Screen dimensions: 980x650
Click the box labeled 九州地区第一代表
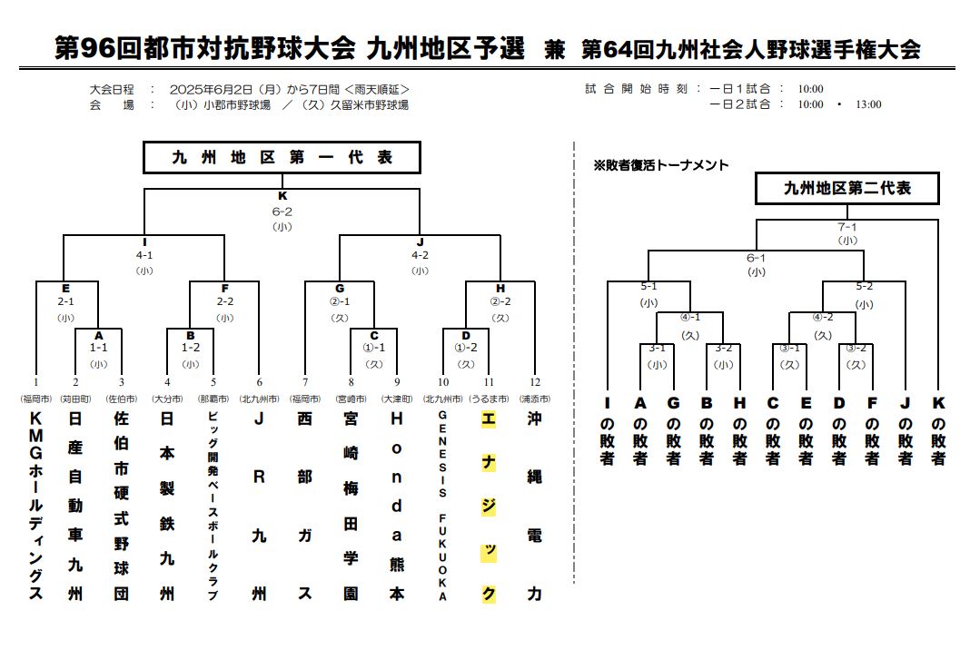pos(282,157)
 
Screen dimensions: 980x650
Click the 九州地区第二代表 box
pos(846,188)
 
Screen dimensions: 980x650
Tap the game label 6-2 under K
pos(282,212)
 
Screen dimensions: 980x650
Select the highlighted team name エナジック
pos(489,507)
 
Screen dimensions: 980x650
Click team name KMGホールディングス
pos(36,506)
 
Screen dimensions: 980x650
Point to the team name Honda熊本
pos(397,506)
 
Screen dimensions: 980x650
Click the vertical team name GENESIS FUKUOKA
pos(442,506)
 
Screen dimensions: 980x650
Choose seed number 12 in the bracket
pos(535,382)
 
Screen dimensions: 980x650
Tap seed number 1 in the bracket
pos(36,382)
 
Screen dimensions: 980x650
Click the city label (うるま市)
pos(489,399)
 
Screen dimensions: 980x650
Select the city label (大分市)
pos(167,399)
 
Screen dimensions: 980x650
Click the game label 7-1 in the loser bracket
pos(847,227)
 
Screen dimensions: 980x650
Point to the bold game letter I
pos(144,242)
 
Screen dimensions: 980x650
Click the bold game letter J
pos(420,242)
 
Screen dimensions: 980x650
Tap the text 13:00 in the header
pos(869,104)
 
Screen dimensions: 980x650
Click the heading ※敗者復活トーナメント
pos(660,165)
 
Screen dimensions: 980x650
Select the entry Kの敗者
pos(938,431)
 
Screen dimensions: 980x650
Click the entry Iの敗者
pos(607,431)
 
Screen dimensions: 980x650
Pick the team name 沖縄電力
pos(534,506)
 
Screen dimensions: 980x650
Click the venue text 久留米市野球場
pos(369,105)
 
